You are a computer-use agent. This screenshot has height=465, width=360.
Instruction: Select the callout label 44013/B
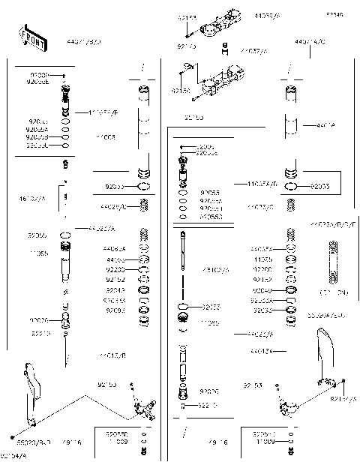112,355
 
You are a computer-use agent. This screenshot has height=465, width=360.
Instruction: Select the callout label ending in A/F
103,112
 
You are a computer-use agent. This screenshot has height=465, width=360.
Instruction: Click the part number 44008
106,137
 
